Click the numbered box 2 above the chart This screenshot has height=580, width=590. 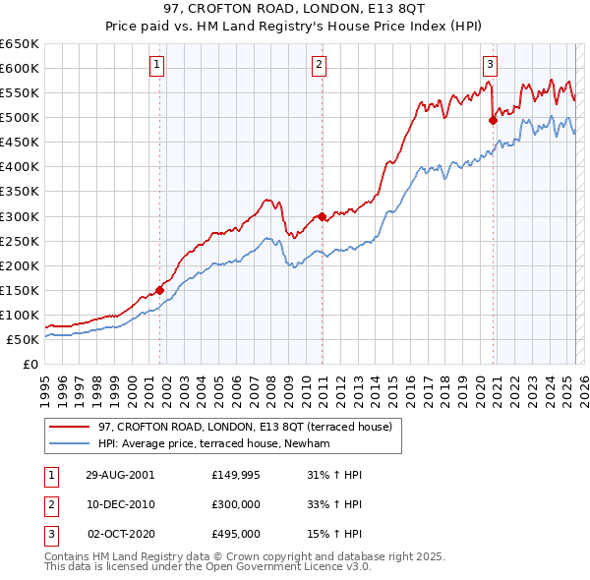[x=320, y=66]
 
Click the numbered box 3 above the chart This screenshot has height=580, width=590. [x=490, y=66]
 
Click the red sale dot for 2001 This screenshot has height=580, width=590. [x=159, y=290]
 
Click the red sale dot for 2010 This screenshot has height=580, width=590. [x=322, y=216]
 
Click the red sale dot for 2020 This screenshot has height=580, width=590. [x=493, y=120]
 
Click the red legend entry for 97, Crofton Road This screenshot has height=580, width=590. [x=245, y=427]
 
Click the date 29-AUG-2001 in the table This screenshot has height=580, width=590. [x=120, y=475]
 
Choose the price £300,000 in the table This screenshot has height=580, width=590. [x=235, y=504]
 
